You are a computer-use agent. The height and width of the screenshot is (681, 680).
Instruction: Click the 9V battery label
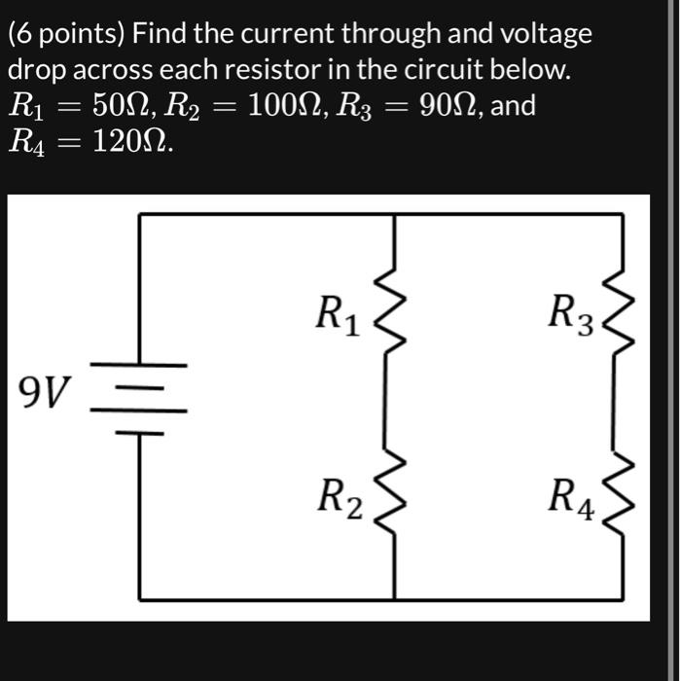click(x=45, y=394)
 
